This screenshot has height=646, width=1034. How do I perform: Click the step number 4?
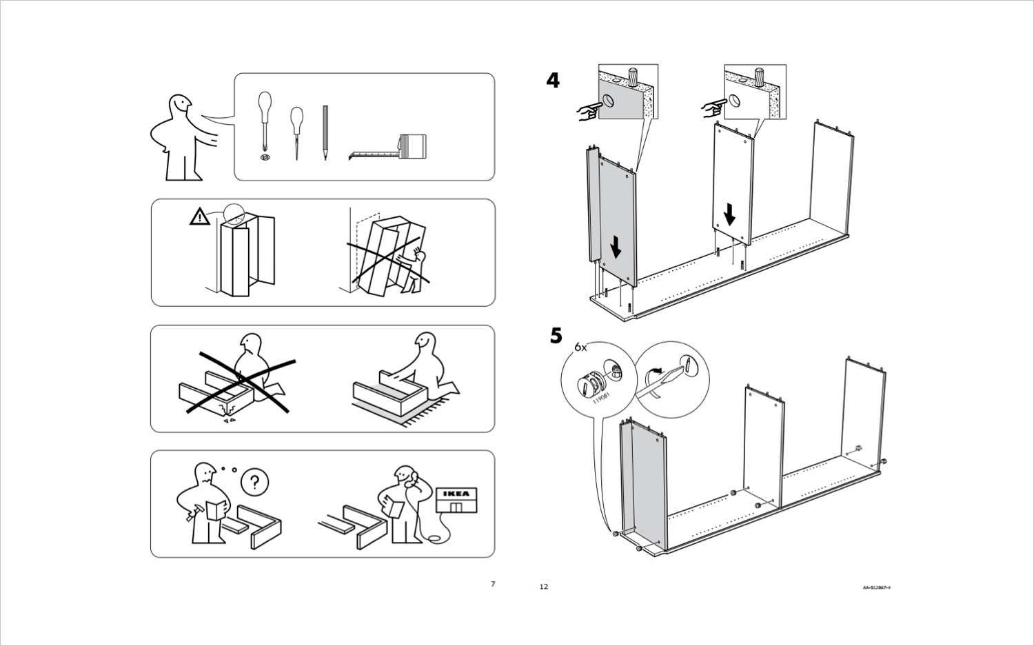coord(553,81)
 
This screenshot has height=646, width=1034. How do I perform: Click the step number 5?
coord(556,336)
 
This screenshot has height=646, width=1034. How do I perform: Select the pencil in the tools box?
coord(325,132)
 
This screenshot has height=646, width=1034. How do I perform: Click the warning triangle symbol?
coord(199,217)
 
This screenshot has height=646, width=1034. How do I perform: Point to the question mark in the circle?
coord(254,481)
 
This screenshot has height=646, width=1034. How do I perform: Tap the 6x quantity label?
coord(580,347)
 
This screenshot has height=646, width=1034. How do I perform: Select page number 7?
coord(492,584)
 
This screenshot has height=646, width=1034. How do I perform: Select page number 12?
coord(543,587)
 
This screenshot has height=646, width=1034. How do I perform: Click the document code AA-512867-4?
coord(876,587)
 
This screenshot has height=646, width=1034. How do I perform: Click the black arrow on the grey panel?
coord(616,246)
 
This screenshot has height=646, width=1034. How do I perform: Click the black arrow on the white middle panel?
coord(729,214)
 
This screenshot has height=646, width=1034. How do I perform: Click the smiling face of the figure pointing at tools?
coord(181,105)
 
